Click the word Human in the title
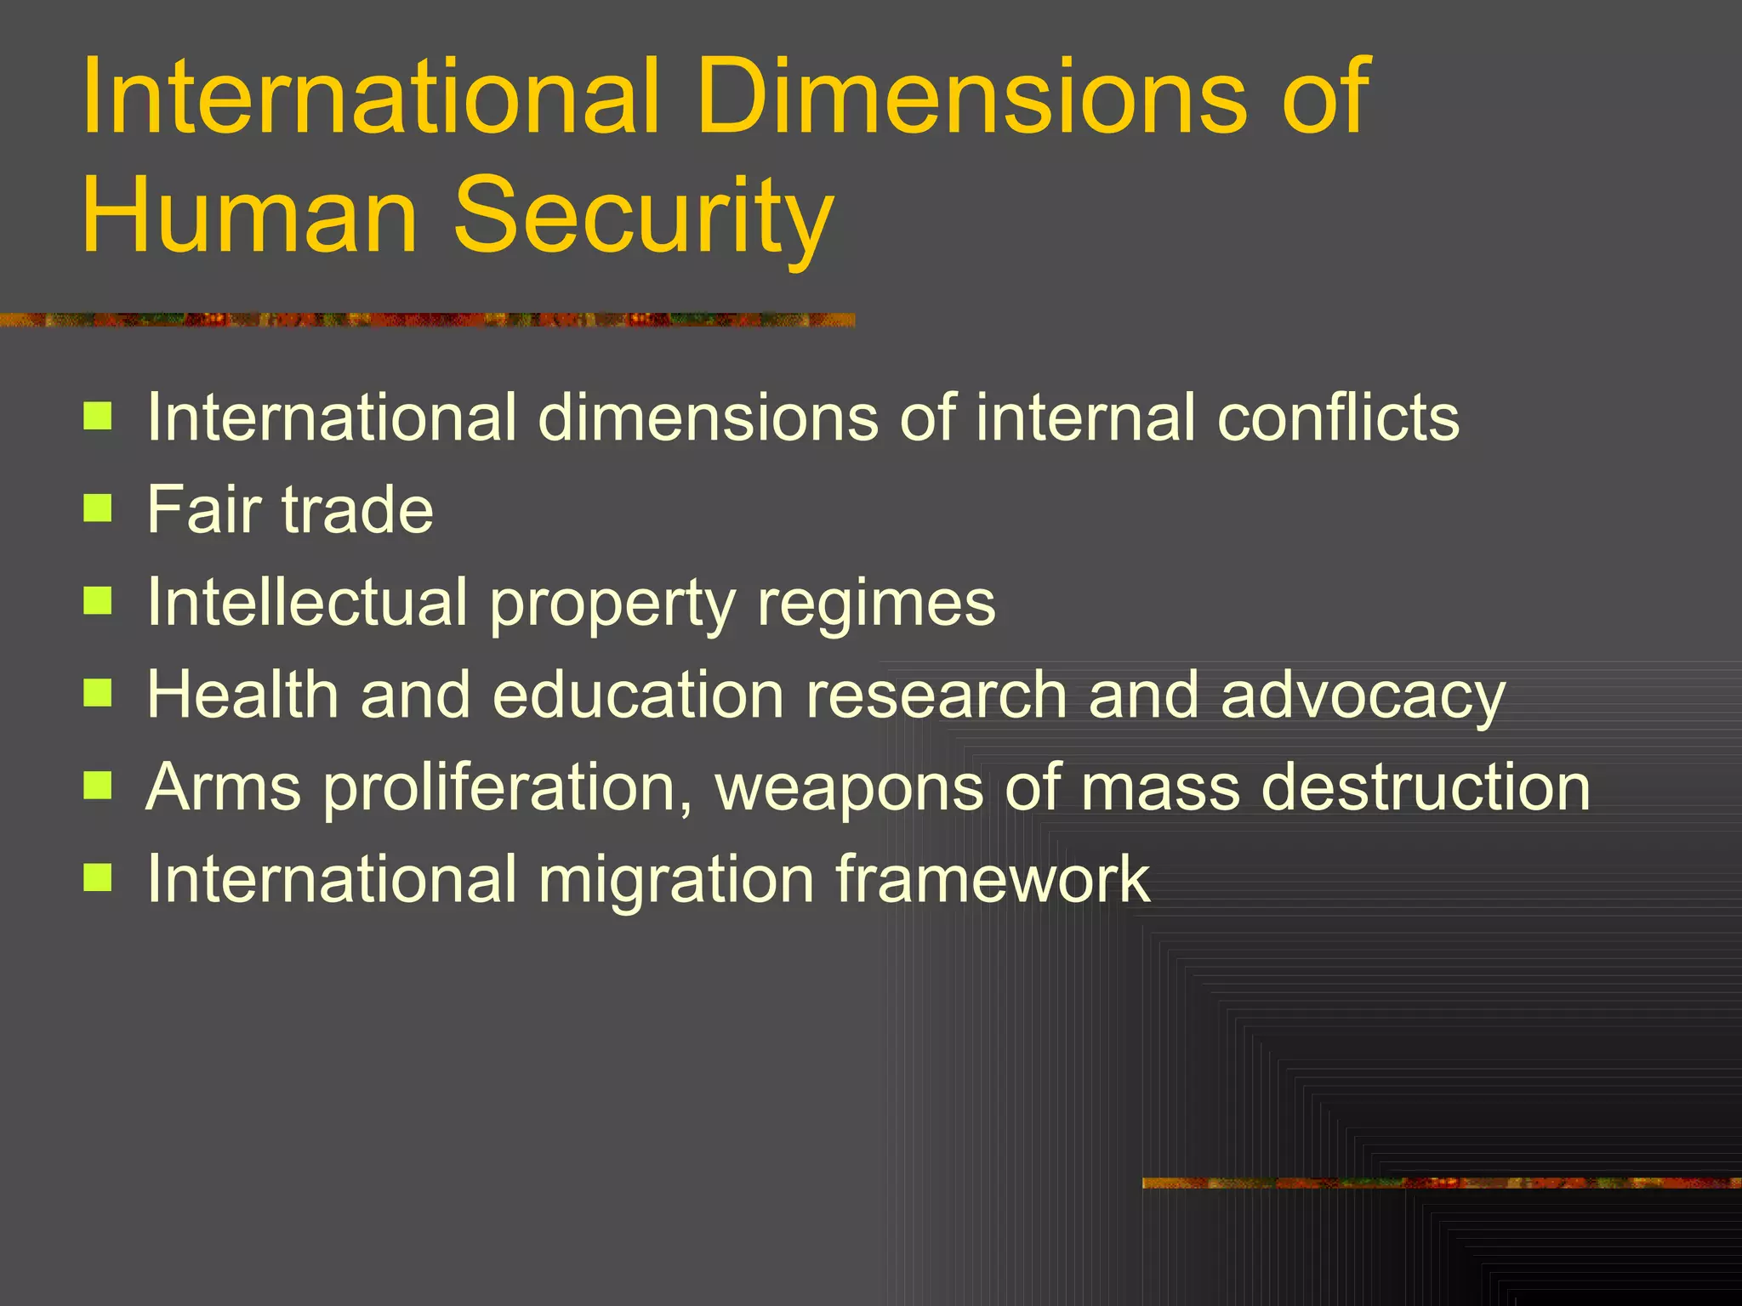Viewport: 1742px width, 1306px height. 249,214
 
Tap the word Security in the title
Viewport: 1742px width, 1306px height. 643,214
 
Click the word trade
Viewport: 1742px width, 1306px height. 357,509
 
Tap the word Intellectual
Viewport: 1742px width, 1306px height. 307,602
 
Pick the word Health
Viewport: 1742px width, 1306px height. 242,694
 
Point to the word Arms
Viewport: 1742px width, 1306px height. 224,786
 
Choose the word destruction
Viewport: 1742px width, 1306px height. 1426,786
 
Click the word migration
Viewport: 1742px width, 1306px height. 676,880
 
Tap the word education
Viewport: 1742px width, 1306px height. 638,694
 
